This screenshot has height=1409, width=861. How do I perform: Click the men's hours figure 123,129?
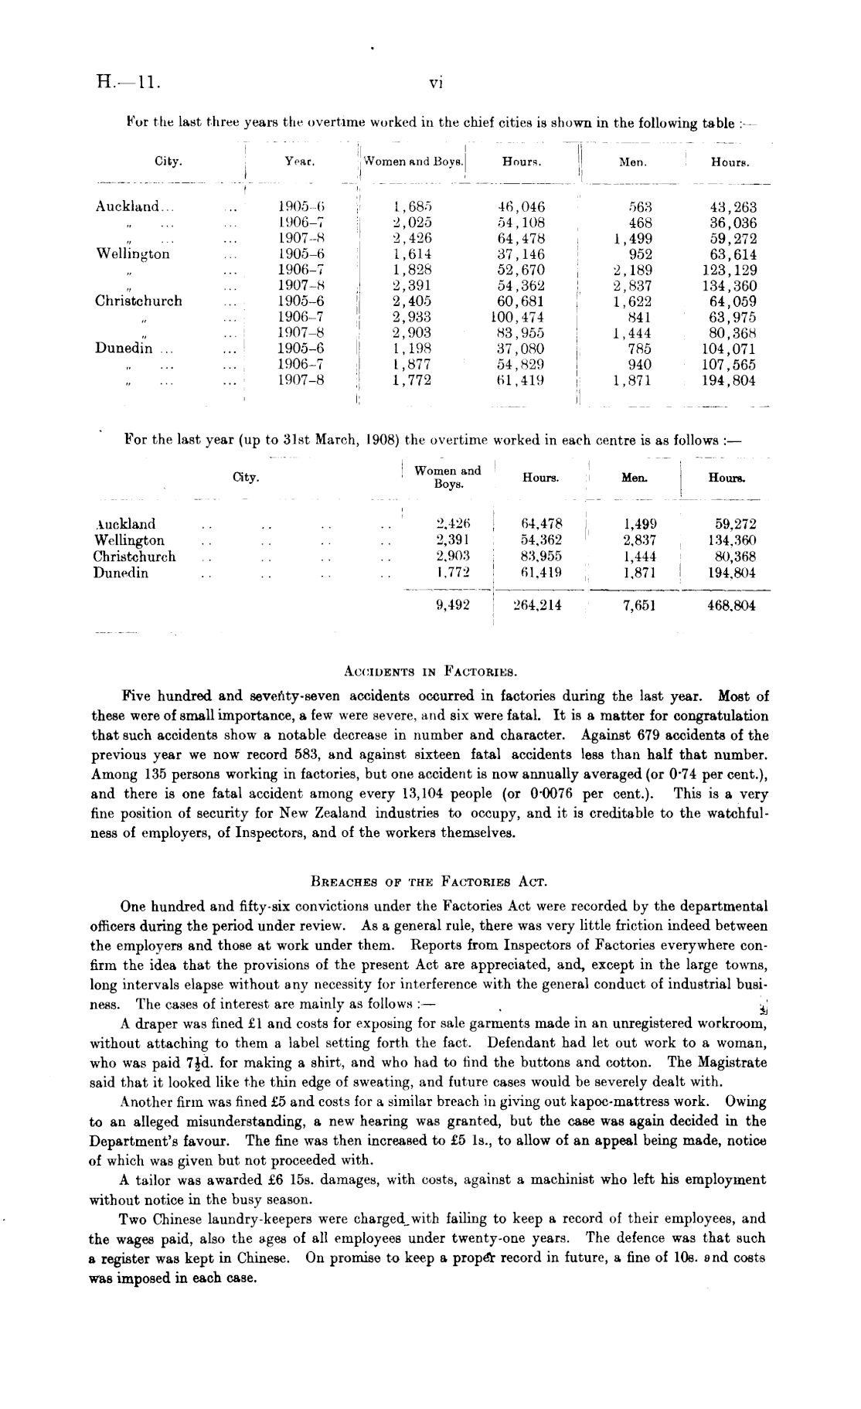(x=730, y=271)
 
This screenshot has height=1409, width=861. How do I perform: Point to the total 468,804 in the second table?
(x=731, y=606)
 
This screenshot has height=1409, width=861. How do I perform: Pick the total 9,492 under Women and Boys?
(x=453, y=606)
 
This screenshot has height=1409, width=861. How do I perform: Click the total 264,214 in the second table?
(x=538, y=606)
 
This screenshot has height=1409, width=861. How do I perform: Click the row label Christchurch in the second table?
(x=134, y=557)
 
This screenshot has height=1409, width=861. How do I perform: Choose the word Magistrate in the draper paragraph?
(x=731, y=1062)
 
